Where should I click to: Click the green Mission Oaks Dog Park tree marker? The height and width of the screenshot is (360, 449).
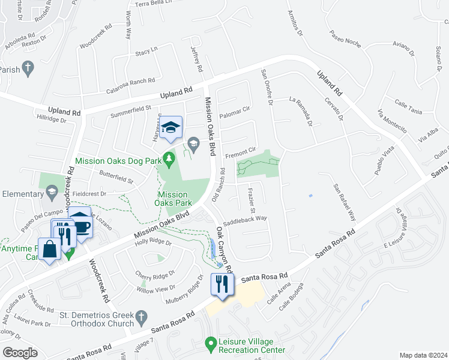pos(170,158)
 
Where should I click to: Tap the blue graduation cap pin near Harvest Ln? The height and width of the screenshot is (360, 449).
pos(171,127)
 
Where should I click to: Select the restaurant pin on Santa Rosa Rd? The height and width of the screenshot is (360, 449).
pos(223,284)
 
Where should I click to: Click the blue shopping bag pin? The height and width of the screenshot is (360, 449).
pos(50,249)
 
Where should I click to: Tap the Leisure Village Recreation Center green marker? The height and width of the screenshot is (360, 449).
pos(211,344)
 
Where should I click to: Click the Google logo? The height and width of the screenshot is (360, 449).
pos(20,352)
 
